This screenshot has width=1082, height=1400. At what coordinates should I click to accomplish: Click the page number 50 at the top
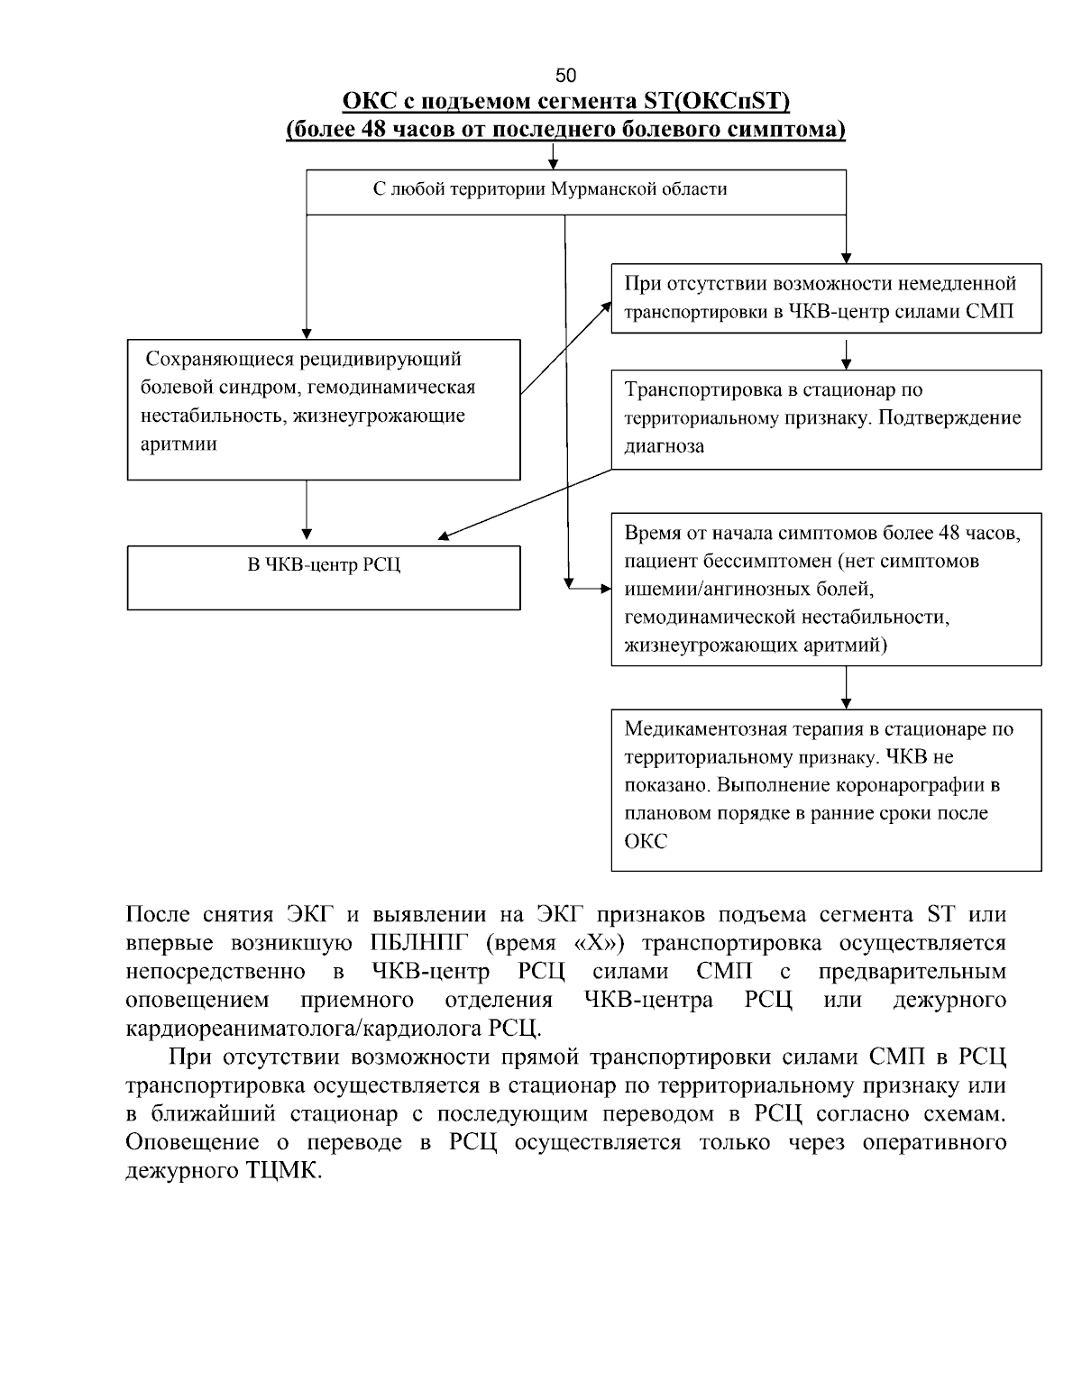click(565, 75)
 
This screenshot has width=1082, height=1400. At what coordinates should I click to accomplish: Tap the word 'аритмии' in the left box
click(179, 444)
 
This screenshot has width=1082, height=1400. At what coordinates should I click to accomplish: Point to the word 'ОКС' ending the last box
click(646, 842)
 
